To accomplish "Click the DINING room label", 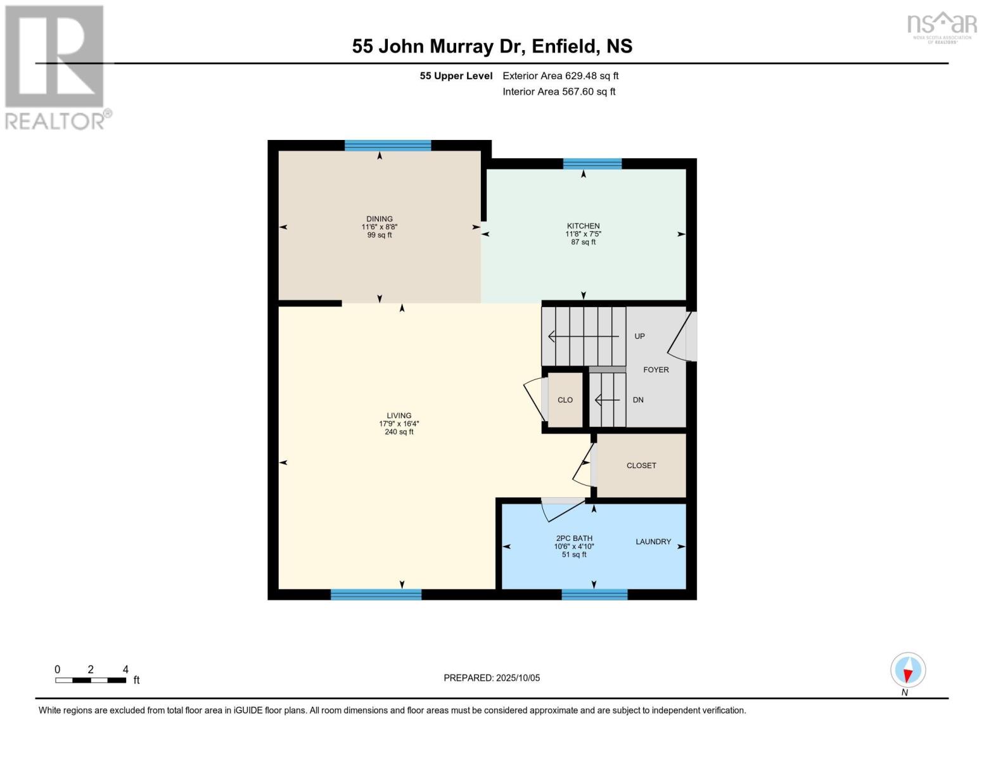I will (379, 219).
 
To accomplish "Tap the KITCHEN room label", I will (583, 226).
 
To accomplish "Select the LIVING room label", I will (399, 416).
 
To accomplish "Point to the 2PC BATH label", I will (574, 538).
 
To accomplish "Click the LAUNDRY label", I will (653, 541).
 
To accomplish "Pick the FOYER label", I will (656, 370).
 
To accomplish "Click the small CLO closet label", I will (565, 400).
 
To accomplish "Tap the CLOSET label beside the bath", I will (641, 465).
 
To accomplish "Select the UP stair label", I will (639, 336).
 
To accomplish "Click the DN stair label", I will (638, 400).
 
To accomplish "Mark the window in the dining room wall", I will (388, 146).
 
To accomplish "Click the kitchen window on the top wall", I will (592, 164).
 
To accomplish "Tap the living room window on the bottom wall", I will (376, 594).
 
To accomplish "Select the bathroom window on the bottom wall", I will (594, 594).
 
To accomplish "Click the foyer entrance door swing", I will (682, 336).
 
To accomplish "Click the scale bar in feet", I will (91, 680).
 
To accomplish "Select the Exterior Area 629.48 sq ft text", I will (560, 76).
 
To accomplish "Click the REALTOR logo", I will (55, 67).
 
